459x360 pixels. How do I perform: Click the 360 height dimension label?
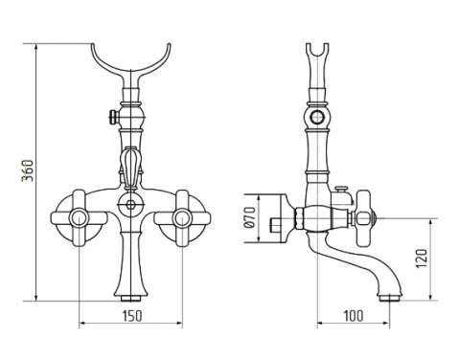[28, 170]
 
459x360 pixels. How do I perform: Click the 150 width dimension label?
[132, 316]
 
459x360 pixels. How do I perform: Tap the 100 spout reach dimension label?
[354, 316]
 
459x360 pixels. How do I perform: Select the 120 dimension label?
[422, 259]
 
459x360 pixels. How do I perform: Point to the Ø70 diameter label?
[249, 217]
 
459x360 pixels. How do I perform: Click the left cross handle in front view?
[79, 218]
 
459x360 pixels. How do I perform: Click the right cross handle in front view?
[182, 218]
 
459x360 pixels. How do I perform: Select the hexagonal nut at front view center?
[130, 204]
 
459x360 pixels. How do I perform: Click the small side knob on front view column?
[113, 116]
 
